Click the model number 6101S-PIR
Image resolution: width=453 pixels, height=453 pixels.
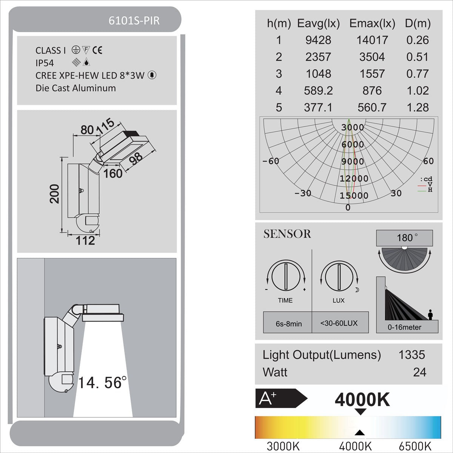[134, 21]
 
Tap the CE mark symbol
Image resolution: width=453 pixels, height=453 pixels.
[97, 50]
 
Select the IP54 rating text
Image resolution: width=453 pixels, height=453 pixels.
[45, 63]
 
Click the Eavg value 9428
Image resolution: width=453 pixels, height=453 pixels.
[318, 40]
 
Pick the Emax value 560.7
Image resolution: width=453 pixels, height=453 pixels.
[372, 108]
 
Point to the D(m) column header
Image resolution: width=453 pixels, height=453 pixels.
[418, 23]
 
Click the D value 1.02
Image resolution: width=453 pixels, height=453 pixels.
[418, 91]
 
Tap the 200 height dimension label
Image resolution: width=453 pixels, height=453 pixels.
[54, 194]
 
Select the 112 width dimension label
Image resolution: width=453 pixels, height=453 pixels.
[85, 241]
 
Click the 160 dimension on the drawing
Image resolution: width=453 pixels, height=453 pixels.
[113, 174]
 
